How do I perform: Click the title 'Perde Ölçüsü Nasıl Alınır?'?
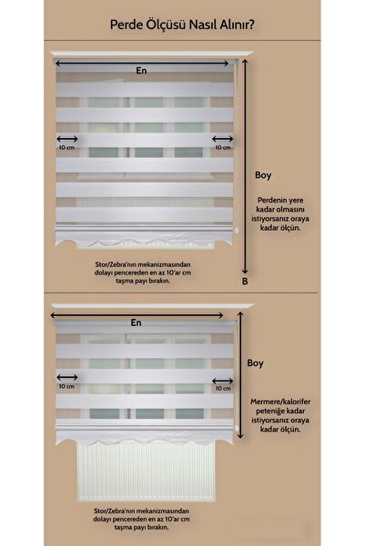click(x=182, y=27)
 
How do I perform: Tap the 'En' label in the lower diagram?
click(x=137, y=322)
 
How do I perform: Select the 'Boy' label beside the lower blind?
click(x=256, y=362)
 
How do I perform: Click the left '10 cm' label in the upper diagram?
click(x=66, y=147)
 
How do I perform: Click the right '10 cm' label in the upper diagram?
click(x=221, y=147)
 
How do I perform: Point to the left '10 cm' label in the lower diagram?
click(x=66, y=386)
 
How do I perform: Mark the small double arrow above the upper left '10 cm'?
click(x=66, y=138)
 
